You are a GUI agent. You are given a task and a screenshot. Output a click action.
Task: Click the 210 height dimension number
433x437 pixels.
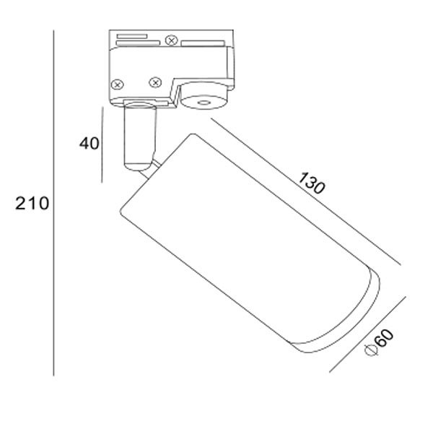(x=32, y=203)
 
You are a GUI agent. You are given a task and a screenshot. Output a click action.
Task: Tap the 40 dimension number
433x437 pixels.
(x=89, y=144)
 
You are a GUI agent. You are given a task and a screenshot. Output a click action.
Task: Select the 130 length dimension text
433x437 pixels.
(x=311, y=183)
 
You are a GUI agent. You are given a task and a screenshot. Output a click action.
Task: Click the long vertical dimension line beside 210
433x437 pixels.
(x=53, y=203)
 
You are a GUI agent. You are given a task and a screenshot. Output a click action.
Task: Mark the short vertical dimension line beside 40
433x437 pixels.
(x=102, y=144)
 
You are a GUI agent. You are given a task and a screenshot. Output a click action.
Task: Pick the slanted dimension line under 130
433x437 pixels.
(x=306, y=191)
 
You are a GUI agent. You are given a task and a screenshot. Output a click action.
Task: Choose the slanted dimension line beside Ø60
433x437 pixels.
(x=367, y=334)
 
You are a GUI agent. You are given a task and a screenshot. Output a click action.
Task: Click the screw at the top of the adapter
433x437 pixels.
(x=171, y=40)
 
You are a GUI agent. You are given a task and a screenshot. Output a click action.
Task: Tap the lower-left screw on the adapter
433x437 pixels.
(x=117, y=85)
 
